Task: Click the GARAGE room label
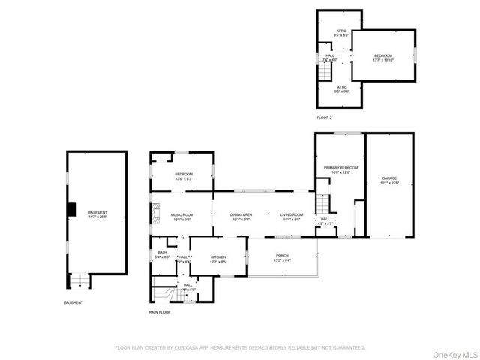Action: click(389, 178)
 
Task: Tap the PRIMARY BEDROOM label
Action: click(340, 168)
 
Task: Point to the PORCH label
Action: click(282, 256)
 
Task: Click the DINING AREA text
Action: click(241, 215)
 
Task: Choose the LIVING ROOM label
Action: click(291, 215)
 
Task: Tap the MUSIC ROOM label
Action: click(183, 215)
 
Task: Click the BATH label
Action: click(162, 253)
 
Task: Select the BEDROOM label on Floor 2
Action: click(383, 55)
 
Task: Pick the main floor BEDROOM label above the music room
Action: click(184, 175)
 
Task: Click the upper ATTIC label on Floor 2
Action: click(341, 31)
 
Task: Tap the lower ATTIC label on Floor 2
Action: click(341, 87)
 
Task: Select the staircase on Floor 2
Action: click(325, 73)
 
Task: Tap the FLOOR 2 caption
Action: click(324, 118)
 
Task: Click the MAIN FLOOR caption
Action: click(160, 311)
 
